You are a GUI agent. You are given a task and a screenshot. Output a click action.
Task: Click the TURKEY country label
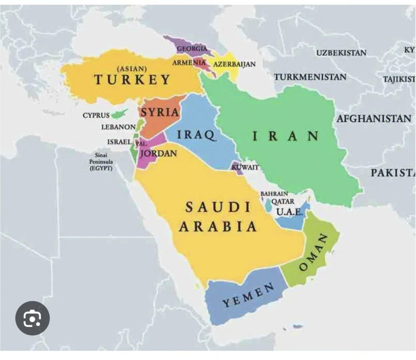coord(132,79)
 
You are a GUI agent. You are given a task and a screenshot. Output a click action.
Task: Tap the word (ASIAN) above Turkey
coord(132,69)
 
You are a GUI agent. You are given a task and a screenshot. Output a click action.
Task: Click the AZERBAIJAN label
coord(234,64)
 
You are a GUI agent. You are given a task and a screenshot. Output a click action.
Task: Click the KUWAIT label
coord(245,167)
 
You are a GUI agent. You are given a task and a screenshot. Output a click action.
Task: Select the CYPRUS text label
coord(96,115)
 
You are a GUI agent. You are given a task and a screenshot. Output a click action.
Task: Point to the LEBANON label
coord(118,127)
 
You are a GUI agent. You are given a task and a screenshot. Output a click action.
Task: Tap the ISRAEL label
coord(119,142)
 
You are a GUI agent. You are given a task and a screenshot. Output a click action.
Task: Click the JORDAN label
coord(158,154)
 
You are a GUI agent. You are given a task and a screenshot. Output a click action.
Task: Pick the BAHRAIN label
coord(274,194)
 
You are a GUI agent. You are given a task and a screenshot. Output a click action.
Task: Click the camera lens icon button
coord(32,318)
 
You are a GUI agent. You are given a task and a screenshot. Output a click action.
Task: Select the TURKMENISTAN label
coord(310,77)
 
